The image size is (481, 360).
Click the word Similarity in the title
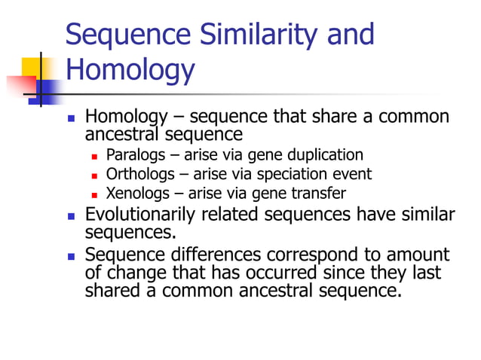tap(247, 35)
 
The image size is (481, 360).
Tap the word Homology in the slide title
tap(130, 70)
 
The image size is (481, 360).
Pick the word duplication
tap(326, 155)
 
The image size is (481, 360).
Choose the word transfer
tap(320, 194)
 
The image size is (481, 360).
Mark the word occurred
tap(283, 272)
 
